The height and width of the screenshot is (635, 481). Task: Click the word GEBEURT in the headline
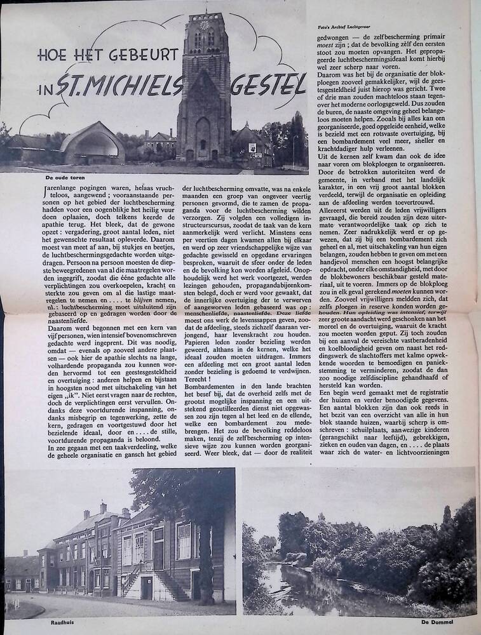139,54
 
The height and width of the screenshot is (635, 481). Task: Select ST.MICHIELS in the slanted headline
121,84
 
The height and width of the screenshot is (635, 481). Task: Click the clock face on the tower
205,25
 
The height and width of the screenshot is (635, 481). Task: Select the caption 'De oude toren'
64,178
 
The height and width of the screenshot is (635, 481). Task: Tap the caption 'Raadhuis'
62,622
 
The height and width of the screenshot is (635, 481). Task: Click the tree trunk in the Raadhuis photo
205,559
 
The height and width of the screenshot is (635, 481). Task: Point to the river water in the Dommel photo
299,591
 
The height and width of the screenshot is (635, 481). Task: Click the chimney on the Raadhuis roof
104,508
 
